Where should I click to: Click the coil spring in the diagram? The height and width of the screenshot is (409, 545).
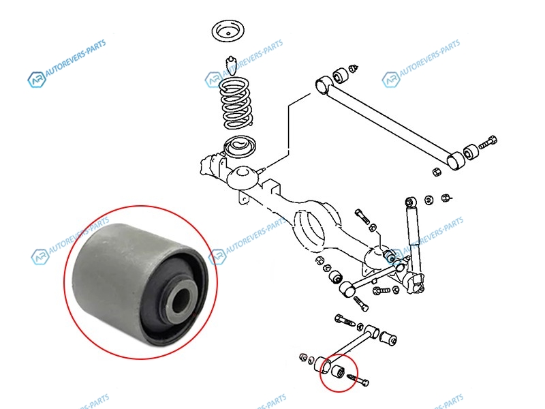(x=236, y=103)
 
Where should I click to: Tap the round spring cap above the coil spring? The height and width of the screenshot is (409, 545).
(x=228, y=31)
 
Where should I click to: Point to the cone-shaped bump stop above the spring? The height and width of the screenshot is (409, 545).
(x=230, y=65)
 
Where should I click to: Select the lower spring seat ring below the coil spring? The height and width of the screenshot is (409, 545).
(x=240, y=147)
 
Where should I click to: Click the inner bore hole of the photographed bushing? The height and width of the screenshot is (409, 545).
(x=181, y=299)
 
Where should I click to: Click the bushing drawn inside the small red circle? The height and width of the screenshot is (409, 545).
(x=338, y=371)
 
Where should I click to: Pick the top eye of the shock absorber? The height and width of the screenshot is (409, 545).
(x=411, y=202)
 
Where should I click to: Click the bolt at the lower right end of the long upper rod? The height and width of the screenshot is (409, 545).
(x=488, y=142)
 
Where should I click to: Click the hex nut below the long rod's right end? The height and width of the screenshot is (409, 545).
(x=436, y=172)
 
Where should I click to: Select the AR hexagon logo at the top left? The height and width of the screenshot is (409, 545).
(x=37, y=80)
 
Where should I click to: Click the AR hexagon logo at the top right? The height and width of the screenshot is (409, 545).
(x=390, y=79)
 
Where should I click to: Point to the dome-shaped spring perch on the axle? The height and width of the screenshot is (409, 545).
(x=243, y=177)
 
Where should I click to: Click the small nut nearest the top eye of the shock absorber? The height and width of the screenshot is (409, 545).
(x=429, y=200)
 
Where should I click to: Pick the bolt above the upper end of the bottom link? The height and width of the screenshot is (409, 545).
(x=345, y=320)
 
